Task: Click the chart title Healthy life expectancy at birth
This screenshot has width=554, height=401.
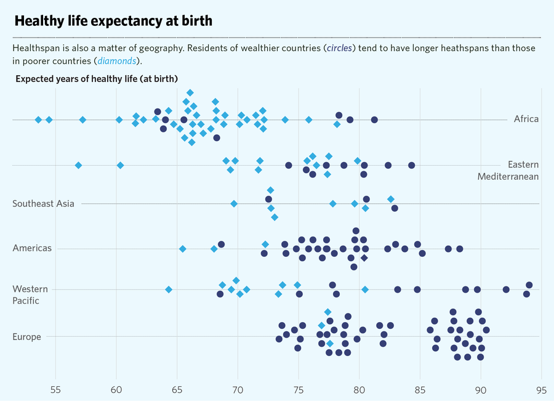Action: click(x=113, y=21)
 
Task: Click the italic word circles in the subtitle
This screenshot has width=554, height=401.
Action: click(x=340, y=48)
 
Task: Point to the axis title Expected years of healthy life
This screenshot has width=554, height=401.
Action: click(x=97, y=79)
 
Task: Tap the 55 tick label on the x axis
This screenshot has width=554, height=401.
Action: click(x=55, y=389)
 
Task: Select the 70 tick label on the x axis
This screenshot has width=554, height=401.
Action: click(x=238, y=389)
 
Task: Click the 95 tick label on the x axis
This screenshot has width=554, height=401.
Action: click(x=541, y=389)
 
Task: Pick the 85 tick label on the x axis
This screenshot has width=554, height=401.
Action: click(x=420, y=389)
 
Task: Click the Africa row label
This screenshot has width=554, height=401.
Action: click(x=526, y=119)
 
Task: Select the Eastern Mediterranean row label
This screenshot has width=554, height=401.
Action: click(x=508, y=171)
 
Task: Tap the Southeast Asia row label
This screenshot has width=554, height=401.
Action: click(x=43, y=204)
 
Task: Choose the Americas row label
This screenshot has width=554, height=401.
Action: click(x=32, y=248)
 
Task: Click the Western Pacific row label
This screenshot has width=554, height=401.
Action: click(x=26, y=294)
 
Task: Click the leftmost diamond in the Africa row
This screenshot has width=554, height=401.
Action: click(x=38, y=119)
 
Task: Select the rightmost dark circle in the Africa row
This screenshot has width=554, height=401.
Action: click(x=374, y=119)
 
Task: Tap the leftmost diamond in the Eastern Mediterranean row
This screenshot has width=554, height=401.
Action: click(x=78, y=165)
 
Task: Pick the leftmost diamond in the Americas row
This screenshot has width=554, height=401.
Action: click(x=182, y=249)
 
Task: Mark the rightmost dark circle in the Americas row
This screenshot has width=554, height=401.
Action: click(x=460, y=249)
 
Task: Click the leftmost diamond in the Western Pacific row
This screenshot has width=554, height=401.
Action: click(x=169, y=290)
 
